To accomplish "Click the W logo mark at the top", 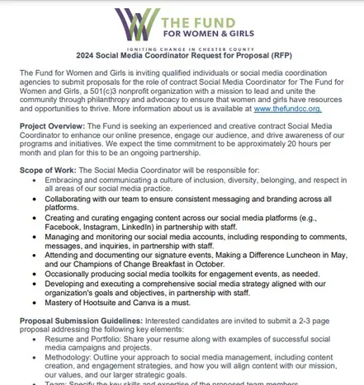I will (134, 22).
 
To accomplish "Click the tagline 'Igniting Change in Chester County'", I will (182, 49).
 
